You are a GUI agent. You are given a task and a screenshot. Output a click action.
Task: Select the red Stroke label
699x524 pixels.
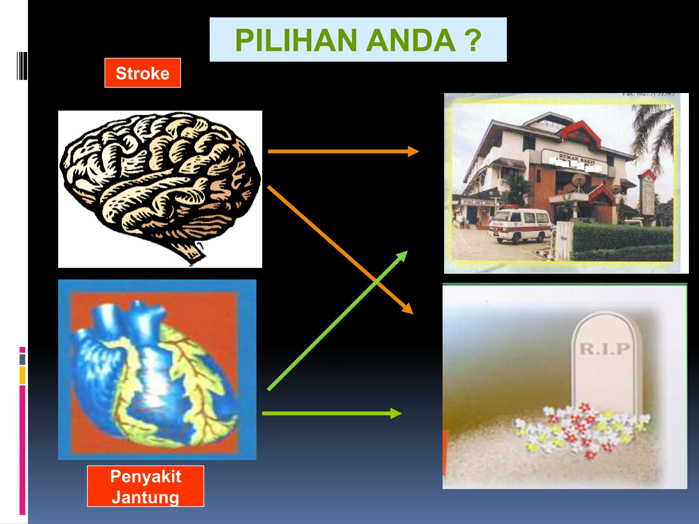[143, 73]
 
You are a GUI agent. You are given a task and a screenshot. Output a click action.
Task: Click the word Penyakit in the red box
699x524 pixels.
[145, 476]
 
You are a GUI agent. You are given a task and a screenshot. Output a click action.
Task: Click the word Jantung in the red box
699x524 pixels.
[145, 497]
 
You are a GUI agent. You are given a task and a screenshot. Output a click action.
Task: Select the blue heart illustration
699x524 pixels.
[154, 372]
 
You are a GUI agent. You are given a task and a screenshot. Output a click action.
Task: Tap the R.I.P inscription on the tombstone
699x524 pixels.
[604, 349]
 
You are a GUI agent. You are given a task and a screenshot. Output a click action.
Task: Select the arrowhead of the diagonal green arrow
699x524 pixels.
[402, 256]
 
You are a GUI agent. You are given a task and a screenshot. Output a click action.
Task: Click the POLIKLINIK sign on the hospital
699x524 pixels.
[478, 203]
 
